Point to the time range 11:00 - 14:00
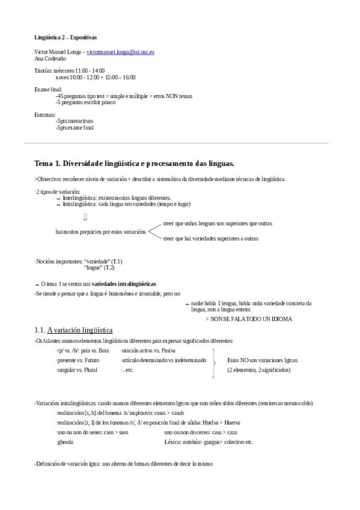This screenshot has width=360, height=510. coord(92,70)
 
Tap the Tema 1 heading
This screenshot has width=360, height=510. coord(134,164)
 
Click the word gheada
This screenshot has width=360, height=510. coord(64,441)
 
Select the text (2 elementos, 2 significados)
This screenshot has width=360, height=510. coord(258,370)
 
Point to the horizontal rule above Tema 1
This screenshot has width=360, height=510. coord(180,143)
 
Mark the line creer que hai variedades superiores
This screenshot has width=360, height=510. coord(210,239)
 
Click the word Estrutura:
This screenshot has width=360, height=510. coord(46,114)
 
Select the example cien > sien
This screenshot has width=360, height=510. coord(116,432)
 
